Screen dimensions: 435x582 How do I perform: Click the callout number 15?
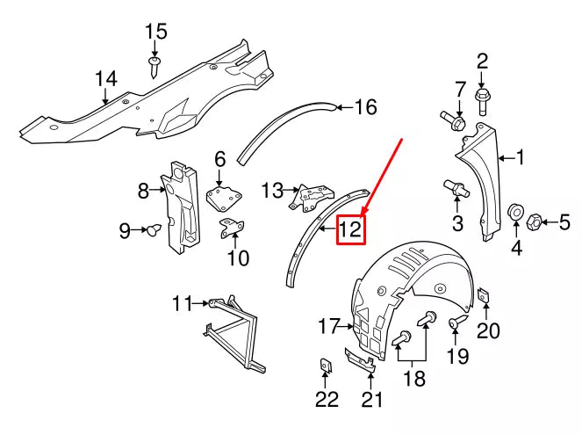(x=155, y=33)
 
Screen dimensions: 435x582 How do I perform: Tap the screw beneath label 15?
(x=155, y=65)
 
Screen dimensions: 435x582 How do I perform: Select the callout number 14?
(x=105, y=80)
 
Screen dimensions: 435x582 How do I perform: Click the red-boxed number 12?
(x=350, y=230)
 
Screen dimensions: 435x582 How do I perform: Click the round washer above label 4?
(x=516, y=213)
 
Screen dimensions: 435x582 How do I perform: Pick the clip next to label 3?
(x=457, y=188)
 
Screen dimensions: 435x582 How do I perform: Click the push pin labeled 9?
(x=152, y=230)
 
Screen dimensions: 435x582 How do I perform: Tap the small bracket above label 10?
(x=233, y=228)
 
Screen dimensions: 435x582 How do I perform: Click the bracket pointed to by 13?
(x=311, y=196)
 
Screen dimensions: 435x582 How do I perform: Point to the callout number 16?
(x=364, y=107)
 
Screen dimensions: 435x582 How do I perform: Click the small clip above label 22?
(x=326, y=366)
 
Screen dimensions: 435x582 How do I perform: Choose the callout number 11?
(x=182, y=304)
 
